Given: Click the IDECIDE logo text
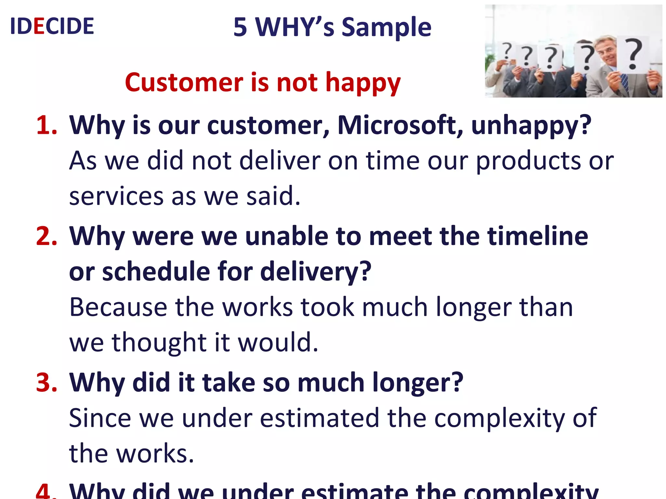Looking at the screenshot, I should tap(52, 26).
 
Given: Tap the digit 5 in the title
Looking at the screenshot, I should tap(240, 27).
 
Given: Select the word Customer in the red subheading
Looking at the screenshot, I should tap(184, 83).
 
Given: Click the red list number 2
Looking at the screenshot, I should tap(47, 236).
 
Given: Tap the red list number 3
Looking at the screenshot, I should tap(47, 382).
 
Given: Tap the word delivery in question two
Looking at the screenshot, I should tap(315, 272).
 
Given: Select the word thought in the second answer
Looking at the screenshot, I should tap(159, 343).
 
